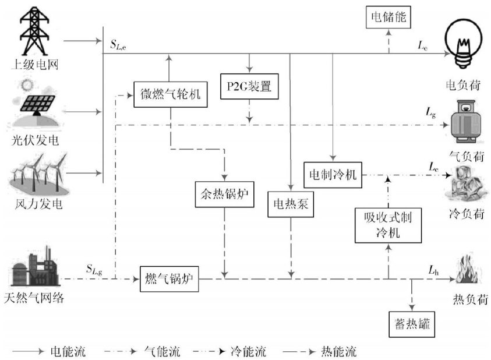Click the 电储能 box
pos(387,18)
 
